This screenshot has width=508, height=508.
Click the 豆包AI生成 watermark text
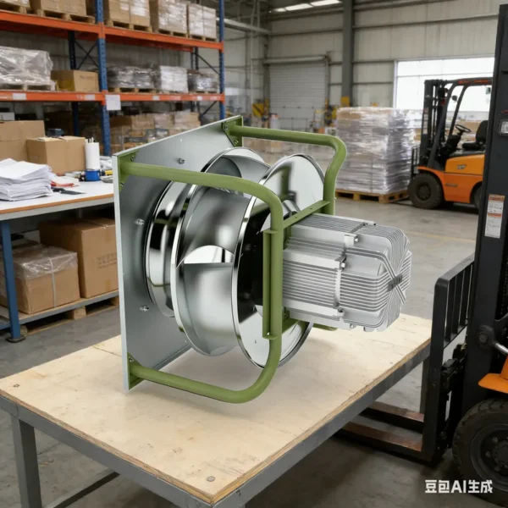(x=459, y=486)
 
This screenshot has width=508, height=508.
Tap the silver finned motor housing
(x=346, y=272)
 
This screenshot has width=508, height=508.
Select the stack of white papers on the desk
(x=24, y=179)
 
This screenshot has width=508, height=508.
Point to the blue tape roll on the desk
(x=92, y=175)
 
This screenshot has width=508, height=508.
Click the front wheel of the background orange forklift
(x=425, y=192)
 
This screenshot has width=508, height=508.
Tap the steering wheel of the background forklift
(x=462, y=129)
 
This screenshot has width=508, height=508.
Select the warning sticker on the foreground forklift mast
(x=495, y=215)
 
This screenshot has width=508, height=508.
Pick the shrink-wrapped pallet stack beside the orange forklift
(x=373, y=150)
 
